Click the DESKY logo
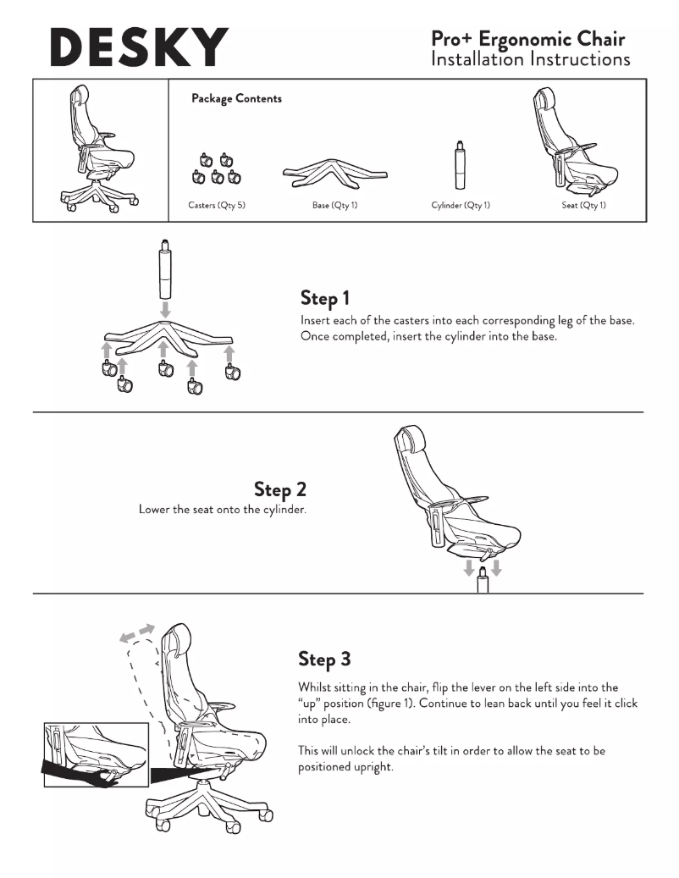point(139,47)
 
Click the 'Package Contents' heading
point(236,98)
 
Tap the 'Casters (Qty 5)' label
point(217,205)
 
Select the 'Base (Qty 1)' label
point(334,205)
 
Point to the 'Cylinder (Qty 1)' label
point(460,205)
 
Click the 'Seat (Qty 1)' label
point(584,205)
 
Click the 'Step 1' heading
point(325,298)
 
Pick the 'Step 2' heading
point(280,489)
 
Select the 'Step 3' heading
point(324,659)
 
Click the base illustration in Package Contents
point(334,174)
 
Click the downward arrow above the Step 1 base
point(164,309)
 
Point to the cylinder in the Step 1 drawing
point(164,270)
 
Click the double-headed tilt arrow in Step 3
point(137,632)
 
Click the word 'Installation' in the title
point(477,58)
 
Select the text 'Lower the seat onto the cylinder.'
point(222,510)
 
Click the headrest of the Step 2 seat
point(411,437)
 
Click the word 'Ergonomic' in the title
point(525,40)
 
